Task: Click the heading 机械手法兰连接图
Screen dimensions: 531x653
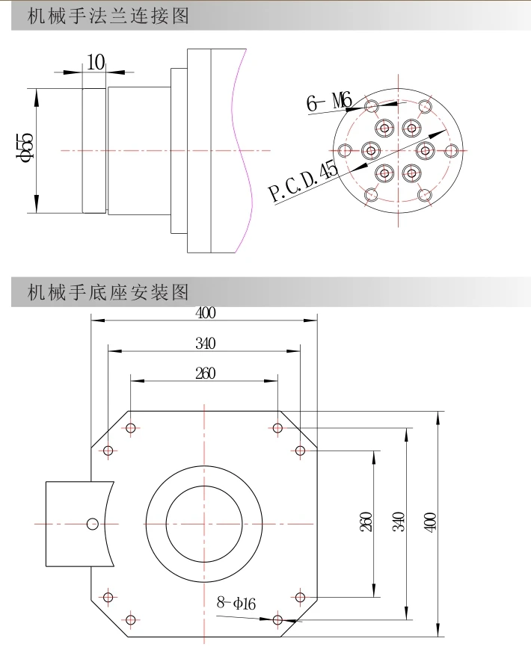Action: tap(108, 16)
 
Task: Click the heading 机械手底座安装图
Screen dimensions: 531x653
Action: tap(108, 292)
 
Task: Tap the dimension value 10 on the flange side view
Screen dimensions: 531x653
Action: tap(96, 63)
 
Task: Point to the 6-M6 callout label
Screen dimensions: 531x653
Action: tap(329, 102)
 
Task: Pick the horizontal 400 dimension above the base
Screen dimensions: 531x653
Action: tap(206, 313)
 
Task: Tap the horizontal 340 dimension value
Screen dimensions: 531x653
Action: tap(206, 344)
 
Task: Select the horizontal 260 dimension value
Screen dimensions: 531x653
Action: tap(206, 374)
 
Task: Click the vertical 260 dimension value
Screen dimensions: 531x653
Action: tap(365, 522)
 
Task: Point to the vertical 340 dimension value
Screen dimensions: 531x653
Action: tap(399, 522)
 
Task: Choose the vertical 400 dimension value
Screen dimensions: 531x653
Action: tap(431, 522)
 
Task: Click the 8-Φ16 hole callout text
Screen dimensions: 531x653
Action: tap(236, 603)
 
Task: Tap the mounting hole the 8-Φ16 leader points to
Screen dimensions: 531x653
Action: tap(277, 620)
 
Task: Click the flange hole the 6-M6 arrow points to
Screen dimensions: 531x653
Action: tap(372, 106)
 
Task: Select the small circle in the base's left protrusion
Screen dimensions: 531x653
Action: tap(93, 524)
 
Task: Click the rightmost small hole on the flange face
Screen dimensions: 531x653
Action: tap(451, 151)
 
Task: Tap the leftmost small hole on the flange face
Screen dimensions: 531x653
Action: tap(345, 150)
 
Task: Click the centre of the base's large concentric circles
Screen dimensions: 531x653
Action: tap(204, 524)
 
